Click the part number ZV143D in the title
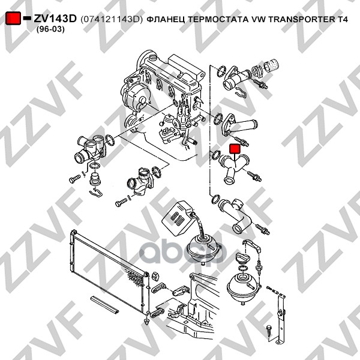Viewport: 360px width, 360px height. click(55, 19)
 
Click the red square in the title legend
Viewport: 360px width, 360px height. click(13, 19)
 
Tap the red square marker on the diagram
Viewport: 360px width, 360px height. click(235, 148)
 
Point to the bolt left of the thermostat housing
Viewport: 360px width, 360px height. click(75, 178)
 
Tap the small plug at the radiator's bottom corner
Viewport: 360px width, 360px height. click(147, 322)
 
